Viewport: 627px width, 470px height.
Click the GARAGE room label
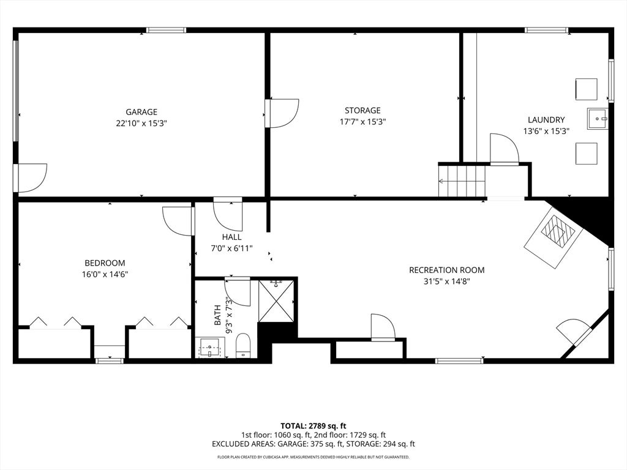click(141, 112)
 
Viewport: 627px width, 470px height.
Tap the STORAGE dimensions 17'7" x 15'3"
click(362, 122)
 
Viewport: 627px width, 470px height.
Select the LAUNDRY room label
click(546, 119)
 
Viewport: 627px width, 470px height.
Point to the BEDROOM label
click(105, 263)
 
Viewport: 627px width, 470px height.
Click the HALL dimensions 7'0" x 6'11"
click(231, 248)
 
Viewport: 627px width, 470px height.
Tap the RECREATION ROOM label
click(446, 270)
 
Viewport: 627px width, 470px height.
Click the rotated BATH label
click(217, 315)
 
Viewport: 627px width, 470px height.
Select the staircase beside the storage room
click(462, 181)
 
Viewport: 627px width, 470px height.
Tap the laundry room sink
click(598, 119)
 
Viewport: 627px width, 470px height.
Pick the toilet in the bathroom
click(242, 346)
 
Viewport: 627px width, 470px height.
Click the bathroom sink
click(210, 348)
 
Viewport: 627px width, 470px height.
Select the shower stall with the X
click(276, 300)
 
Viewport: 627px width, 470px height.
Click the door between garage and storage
click(282, 113)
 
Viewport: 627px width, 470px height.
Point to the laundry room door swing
click(505, 149)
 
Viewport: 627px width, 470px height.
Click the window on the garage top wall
click(166, 30)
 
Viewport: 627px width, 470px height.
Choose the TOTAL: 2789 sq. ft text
click(313, 426)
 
